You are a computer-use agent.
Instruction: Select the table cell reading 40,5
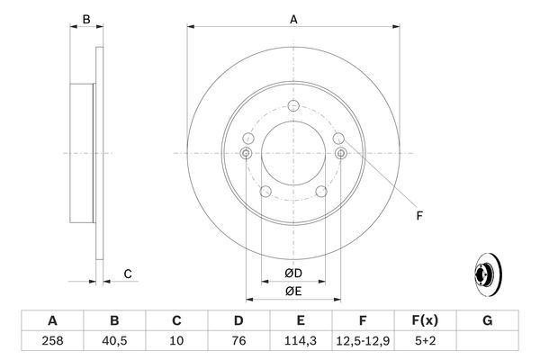114,341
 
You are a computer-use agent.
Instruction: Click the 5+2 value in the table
426,341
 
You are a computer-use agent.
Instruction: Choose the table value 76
239,341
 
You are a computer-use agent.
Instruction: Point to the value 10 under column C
177,341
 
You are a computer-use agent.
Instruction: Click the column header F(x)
426,320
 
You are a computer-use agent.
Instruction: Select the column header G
487,320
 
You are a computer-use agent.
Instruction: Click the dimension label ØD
292,273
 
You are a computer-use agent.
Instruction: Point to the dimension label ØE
292,291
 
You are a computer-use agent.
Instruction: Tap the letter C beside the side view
128,274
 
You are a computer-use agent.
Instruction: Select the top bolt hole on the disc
293,107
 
